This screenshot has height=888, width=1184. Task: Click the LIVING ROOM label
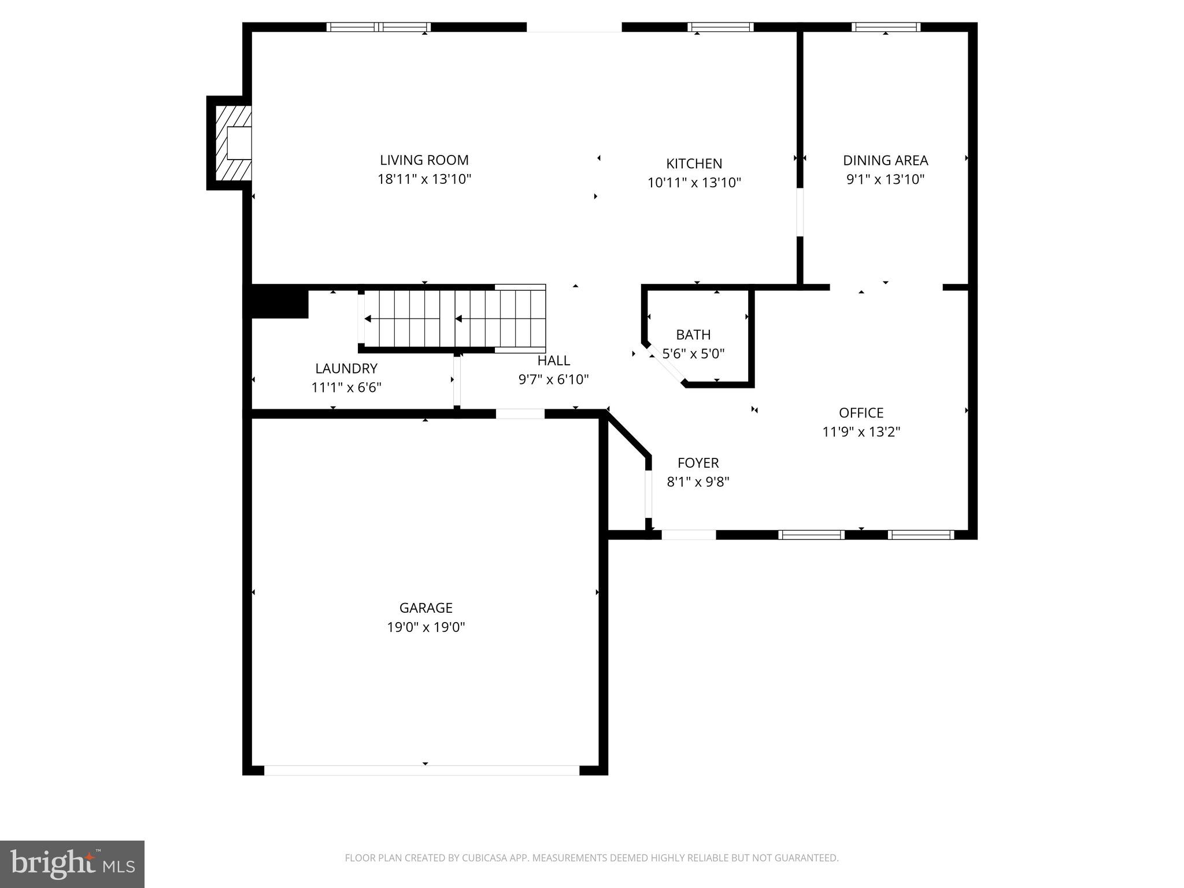click(424, 160)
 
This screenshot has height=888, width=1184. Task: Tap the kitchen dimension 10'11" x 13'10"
click(694, 183)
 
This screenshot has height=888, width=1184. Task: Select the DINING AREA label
click(885, 160)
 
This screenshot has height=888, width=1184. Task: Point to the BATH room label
click(693, 335)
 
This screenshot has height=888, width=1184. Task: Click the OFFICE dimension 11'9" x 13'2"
click(861, 432)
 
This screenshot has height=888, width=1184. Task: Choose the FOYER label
click(698, 463)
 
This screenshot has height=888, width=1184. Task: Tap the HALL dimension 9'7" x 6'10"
click(553, 380)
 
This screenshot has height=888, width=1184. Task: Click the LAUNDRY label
click(346, 368)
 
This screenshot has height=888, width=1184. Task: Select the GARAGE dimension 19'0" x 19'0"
click(426, 627)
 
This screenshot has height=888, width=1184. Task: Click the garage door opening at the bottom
click(422, 770)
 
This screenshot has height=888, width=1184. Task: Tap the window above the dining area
click(886, 27)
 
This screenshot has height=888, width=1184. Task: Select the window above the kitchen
click(720, 27)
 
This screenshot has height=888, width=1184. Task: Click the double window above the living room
click(379, 27)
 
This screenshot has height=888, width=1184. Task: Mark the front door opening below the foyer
click(689, 535)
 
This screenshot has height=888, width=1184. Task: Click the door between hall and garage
click(520, 413)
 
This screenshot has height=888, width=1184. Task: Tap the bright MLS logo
click(72, 864)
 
